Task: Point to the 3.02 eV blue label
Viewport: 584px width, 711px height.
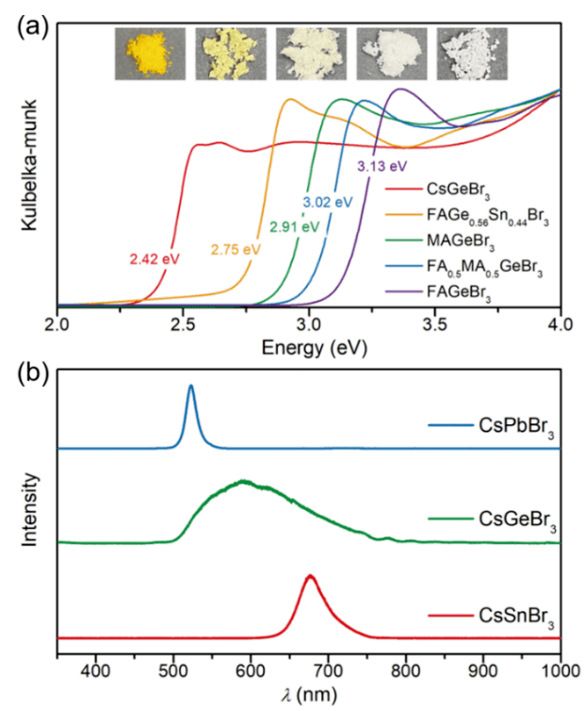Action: [327, 202]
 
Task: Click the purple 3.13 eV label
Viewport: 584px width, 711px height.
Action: [382, 166]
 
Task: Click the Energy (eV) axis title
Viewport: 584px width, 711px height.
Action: [309, 348]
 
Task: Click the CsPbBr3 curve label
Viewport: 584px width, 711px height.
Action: [490, 436]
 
